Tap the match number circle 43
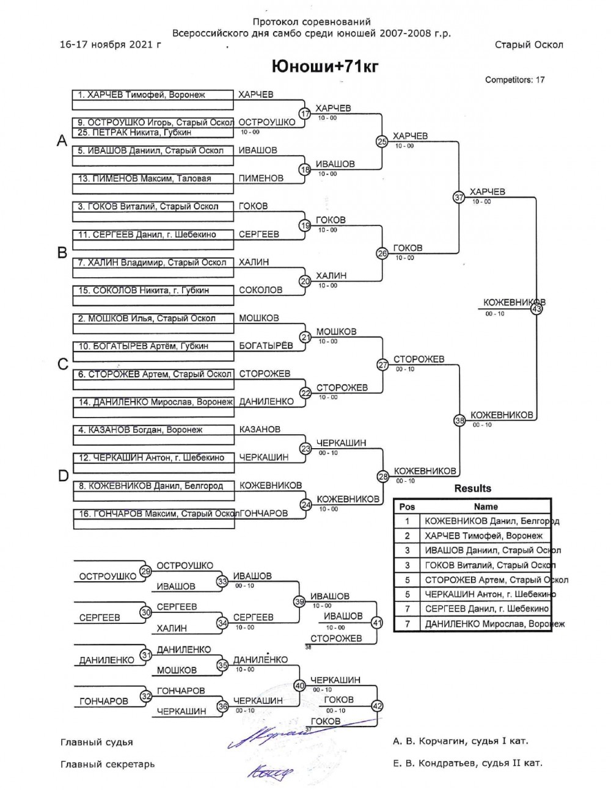[537, 309]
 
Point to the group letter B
[62, 253]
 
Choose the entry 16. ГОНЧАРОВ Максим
[156, 514]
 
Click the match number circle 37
[459, 197]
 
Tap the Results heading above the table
[472, 488]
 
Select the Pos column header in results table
[407, 507]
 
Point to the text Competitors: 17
[514, 79]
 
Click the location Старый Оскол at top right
[529, 45]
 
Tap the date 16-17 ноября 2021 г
[111, 45]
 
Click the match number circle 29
[145, 571]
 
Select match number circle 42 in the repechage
[377, 706]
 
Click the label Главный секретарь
[108, 764]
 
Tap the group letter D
[62, 476]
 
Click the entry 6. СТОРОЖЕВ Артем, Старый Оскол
[155, 374]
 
